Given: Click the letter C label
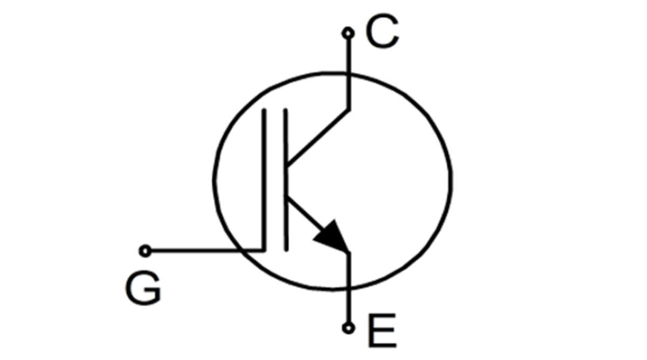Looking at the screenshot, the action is tap(382, 32).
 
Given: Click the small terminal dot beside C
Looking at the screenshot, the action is tap(348, 33).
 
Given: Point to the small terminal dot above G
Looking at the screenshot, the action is tap(144, 251).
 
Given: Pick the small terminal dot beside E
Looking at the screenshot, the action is tap(349, 327).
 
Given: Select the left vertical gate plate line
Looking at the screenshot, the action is tap(265, 178).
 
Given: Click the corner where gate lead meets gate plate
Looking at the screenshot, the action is tap(264, 251).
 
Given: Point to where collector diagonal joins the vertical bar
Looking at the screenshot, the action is tap(286, 164).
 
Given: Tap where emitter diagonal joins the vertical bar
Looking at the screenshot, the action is tap(286, 197).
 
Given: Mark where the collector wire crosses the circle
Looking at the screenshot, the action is tap(349, 73).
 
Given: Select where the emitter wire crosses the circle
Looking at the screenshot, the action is tap(349, 289).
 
